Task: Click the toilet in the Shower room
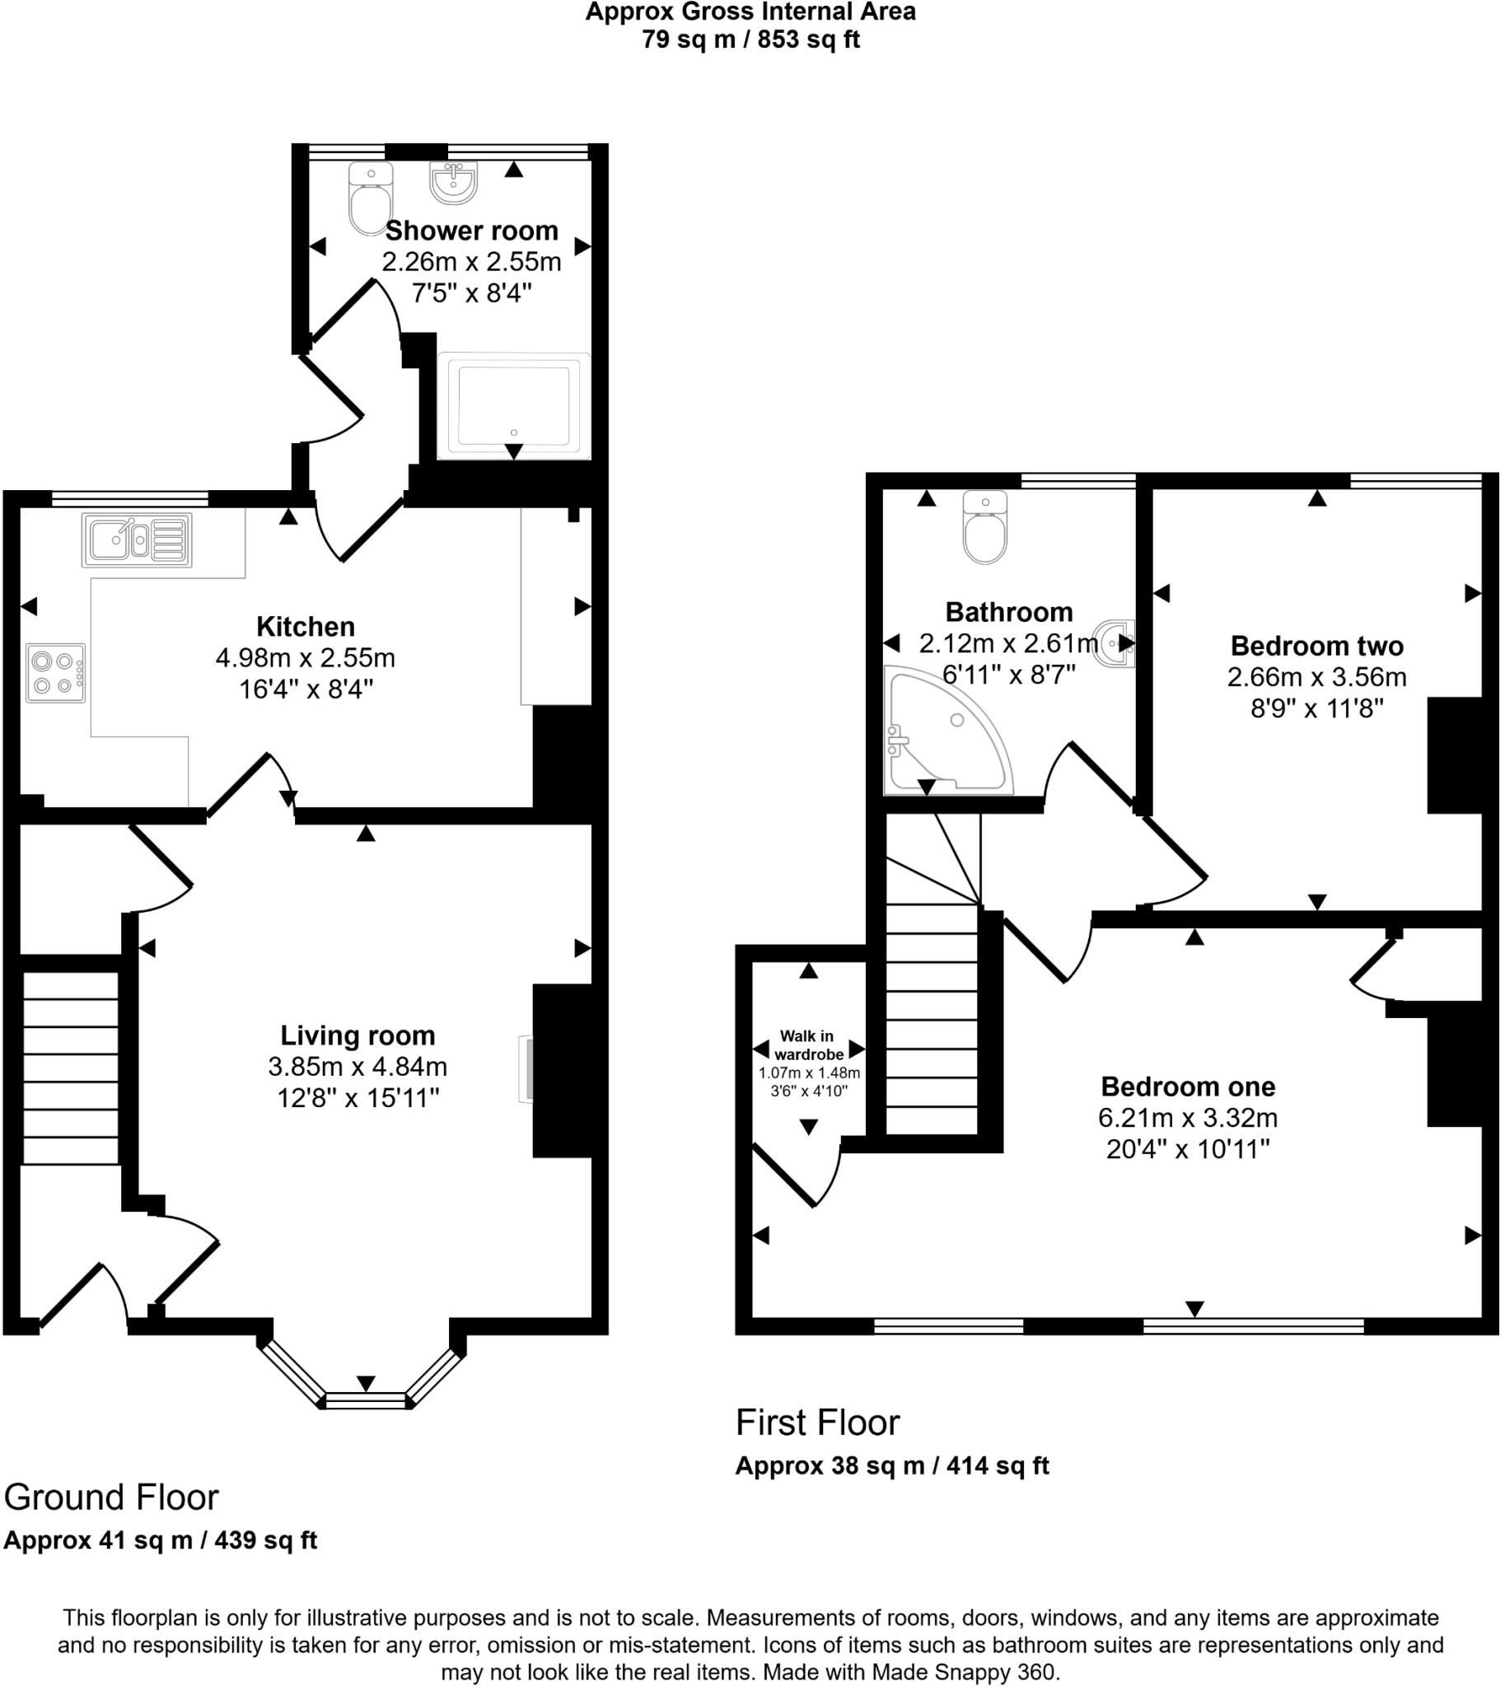(370, 199)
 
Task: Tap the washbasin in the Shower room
(453, 182)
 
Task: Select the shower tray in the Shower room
(513, 405)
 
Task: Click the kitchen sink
(137, 540)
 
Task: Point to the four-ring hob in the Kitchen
(55, 673)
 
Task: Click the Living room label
(358, 1035)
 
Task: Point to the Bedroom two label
(1316, 645)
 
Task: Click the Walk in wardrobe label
(808, 1045)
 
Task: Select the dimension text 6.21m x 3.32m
(1188, 1118)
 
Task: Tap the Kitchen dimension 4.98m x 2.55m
(305, 658)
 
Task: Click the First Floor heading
(817, 1423)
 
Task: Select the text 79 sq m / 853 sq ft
(750, 40)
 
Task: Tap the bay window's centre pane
(366, 1400)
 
